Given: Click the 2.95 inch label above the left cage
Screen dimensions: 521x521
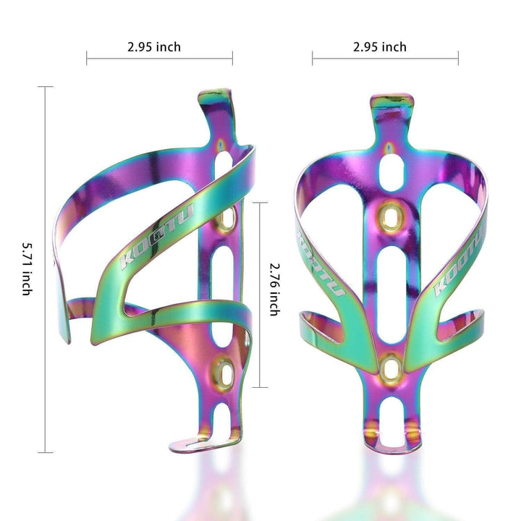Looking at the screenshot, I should coord(153,47).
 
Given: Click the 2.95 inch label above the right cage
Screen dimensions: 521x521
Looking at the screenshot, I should coord(380,47).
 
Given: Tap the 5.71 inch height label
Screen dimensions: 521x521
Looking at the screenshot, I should coord(26,268).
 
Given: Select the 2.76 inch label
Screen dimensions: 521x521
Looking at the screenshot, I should coord(274,287).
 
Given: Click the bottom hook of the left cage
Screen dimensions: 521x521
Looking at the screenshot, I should coord(190,441).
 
